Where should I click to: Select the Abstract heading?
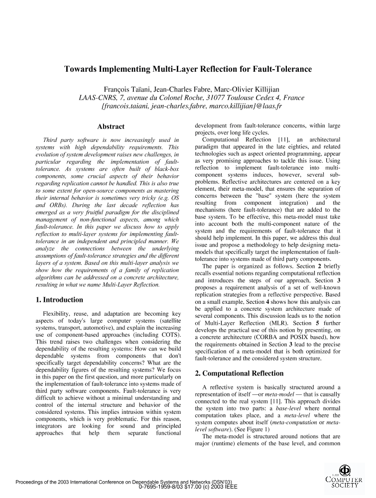[x=111, y=127]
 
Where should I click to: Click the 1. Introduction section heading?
[x=59, y=300]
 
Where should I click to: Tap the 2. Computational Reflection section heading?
[x=239, y=373]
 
